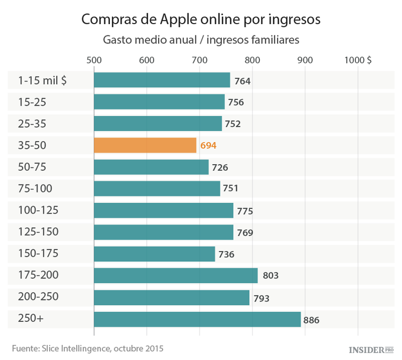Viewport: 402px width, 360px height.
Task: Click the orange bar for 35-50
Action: tap(145, 145)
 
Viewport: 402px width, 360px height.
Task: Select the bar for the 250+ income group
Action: tap(197, 319)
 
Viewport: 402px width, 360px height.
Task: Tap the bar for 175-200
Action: tap(175, 275)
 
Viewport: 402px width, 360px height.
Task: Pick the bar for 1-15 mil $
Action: tap(162, 80)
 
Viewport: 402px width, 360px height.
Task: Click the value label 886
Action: tap(311, 320)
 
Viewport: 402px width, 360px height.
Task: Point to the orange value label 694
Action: tap(209, 146)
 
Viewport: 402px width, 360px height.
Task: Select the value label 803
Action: tap(271, 276)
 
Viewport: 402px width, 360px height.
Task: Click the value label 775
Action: tap(244, 211)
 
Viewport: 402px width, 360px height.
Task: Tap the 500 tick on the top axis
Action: tap(94, 60)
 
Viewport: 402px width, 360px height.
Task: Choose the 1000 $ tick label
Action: tap(358, 60)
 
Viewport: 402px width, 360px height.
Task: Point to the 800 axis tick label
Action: tap(252, 60)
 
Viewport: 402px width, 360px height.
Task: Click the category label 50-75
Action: tap(33, 167)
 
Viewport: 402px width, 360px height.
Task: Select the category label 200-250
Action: tap(39, 297)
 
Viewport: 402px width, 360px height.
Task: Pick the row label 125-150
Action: tap(39, 232)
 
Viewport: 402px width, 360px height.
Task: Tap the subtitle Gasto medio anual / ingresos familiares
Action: tap(200, 40)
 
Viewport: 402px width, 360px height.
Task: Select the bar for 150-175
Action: tap(154, 254)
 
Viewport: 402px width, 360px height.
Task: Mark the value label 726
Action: tap(220, 168)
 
